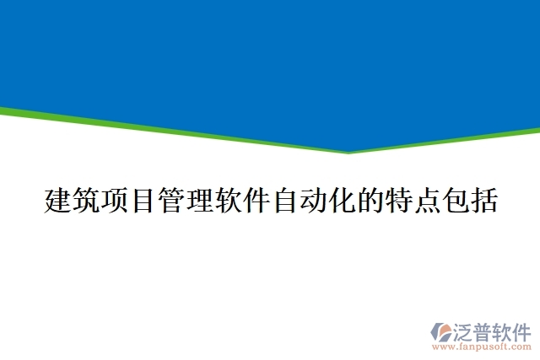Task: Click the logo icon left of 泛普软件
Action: tap(442, 333)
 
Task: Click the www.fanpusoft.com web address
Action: tap(480, 347)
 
